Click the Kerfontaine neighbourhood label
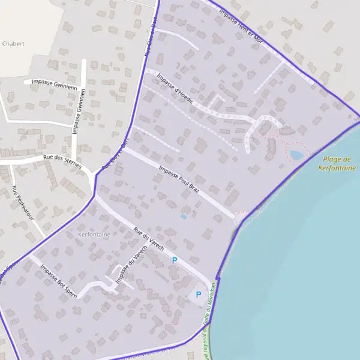click(x=94, y=235)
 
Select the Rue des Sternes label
click(x=62, y=161)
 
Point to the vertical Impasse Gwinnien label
click(x=79, y=112)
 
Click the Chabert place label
click(x=13, y=44)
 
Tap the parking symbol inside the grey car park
click(x=198, y=295)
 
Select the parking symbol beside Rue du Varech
click(x=175, y=260)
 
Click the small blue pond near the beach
click(x=296, y=155)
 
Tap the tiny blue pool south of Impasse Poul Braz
click(x=184, y=217)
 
